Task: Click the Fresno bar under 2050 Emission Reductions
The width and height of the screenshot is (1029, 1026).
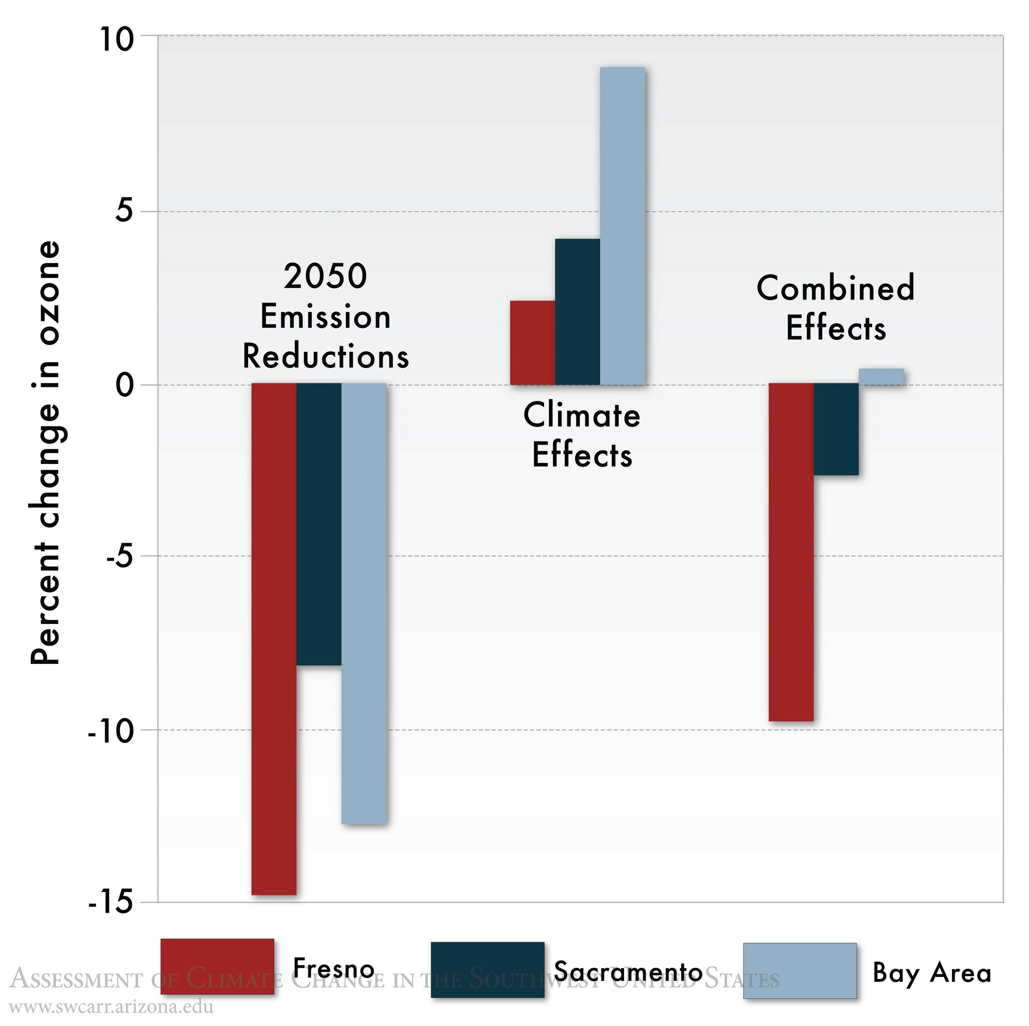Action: point(274,639)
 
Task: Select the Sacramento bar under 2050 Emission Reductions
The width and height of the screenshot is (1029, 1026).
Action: point(318,524)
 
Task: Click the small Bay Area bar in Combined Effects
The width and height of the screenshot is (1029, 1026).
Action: point(881,376)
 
